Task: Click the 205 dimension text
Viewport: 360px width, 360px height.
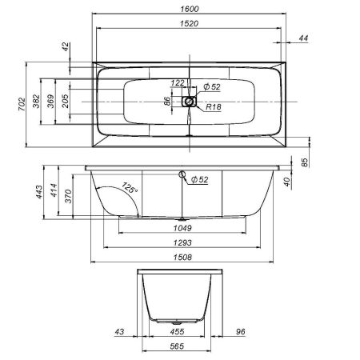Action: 66,102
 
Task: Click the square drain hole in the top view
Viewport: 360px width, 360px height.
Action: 189,102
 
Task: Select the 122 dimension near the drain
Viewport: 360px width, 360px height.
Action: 178,83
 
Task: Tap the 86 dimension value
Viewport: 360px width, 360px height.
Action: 168,102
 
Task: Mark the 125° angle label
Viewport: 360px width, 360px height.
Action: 127,188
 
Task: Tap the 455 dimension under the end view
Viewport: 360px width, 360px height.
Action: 177,330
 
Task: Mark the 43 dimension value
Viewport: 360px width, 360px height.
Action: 119,330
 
